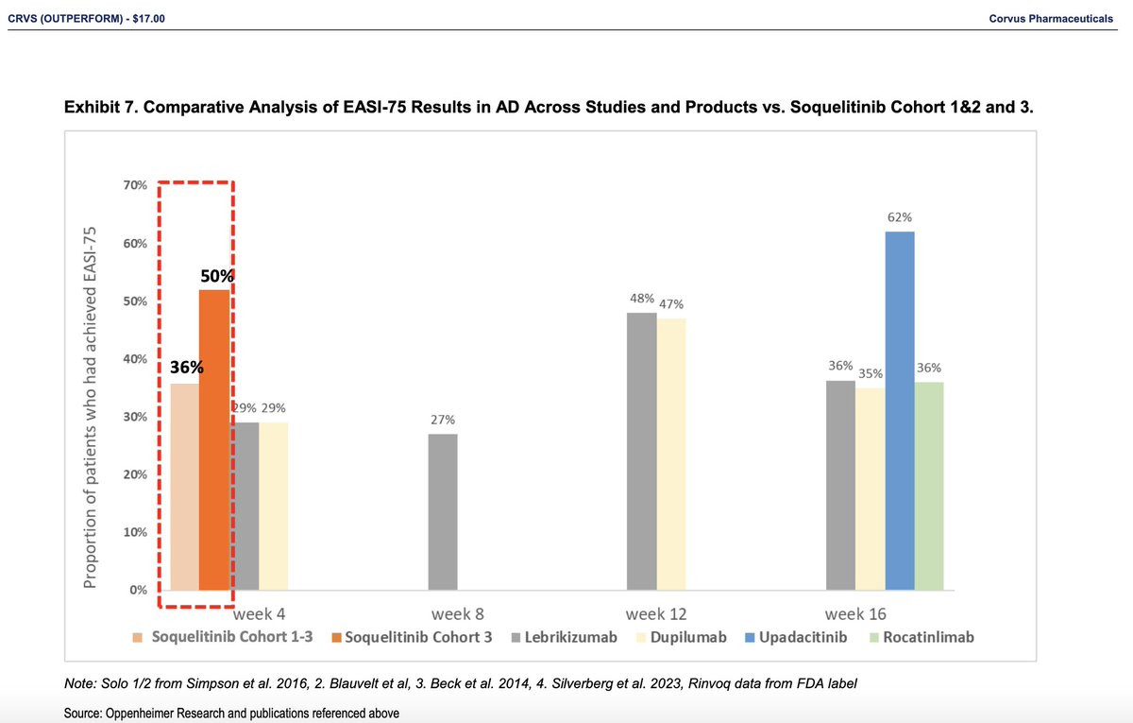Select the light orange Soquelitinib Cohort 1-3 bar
tap(184, 487)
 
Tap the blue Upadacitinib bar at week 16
tap(900, 411)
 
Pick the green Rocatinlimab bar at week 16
tap(929, 487)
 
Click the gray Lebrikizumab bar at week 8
tap(443, 511)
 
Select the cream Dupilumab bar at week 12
tap(671, 454)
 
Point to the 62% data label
tap(900, 217)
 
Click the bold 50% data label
tap(217, 277)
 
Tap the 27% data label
tap(443, 420)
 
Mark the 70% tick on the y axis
tap(134, 186)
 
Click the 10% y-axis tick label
tap(134, 533)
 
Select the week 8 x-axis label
tap(458, 612)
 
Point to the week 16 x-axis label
tap(854, 612)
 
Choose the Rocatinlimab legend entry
tap(929, 637)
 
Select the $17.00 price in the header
tap(145, 19)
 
